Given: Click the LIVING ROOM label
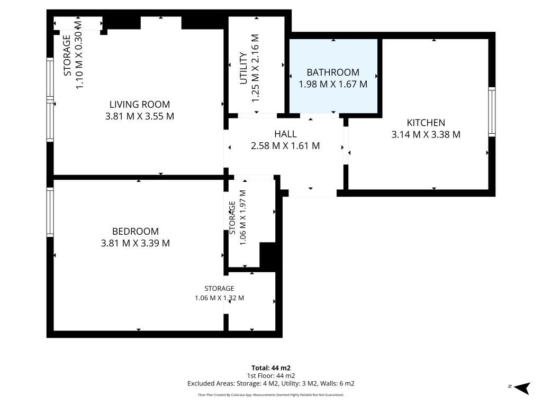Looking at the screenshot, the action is click(140, 104).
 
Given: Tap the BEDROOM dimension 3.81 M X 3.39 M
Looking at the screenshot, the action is click(135, 243).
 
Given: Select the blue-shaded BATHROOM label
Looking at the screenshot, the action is click(333, 72).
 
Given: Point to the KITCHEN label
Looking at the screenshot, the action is click(426, 123).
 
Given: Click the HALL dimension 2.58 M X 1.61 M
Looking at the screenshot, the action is click(285, 146).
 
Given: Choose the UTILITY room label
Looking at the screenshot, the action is click(243, 68).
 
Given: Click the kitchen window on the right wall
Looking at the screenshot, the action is click(492, 112).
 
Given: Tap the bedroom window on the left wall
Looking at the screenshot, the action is click(50, 212).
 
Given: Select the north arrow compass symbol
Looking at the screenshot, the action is click(521, 387).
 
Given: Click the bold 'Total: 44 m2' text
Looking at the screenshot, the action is click(271, 368).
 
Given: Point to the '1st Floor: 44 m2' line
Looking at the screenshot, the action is click(271, 376).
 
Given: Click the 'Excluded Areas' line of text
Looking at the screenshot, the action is click(271, 383).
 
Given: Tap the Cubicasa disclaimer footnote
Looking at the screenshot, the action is click(271, 394).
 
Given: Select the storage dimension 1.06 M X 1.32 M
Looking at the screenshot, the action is click(220, 298).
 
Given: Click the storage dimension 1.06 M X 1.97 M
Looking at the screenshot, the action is click(242, 217).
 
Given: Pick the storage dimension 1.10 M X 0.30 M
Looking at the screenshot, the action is click(79, 54).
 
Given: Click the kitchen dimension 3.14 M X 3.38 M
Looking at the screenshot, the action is click(426, 134).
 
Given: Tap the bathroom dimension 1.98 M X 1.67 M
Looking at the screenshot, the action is click(333, 84).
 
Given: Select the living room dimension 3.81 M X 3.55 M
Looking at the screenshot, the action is click(140, 116).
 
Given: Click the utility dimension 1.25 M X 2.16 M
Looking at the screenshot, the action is click(255, 68).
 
